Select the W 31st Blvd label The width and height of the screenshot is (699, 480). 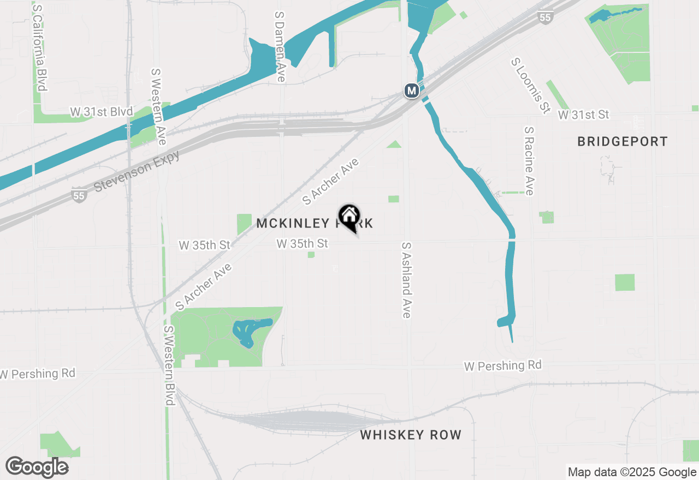point(102,112)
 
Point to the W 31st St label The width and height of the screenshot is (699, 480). point(583,115)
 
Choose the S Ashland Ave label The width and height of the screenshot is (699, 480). point(406,280)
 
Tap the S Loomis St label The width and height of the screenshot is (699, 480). point(530,86)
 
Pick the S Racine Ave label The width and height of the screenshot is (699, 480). point(529,161)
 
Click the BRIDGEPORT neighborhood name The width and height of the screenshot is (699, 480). point(623,142)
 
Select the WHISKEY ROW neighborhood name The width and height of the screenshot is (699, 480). point(411,435)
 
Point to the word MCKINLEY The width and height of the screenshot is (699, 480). point(292,223)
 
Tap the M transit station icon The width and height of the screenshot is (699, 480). point(412,91)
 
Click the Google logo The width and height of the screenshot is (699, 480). point(37,467)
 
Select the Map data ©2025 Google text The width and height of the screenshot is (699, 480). point(631,472)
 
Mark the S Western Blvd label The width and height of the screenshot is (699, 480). point(169,365)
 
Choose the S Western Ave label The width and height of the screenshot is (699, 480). point(158,107)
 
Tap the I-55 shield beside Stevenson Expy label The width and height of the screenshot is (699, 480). point(79,195)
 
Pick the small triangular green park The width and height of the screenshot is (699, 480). point(394,145)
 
